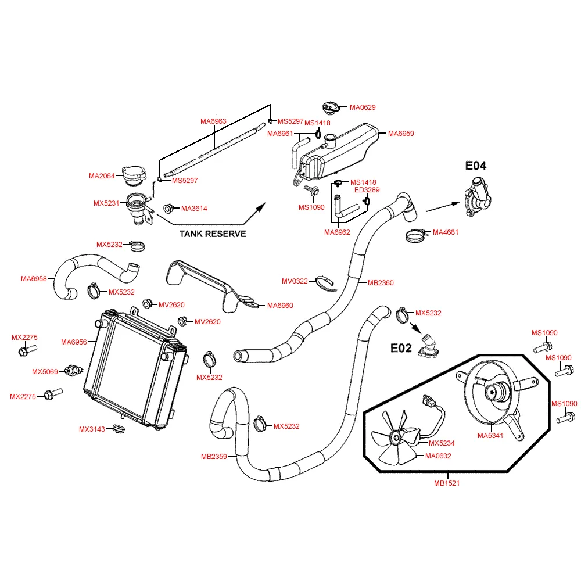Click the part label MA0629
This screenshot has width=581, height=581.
pyautogui.click(x=363, y=107)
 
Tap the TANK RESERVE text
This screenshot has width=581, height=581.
pyautogui.click(x=213, y=234)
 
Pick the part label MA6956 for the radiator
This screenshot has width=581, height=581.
pyautogui.click(x=74, y=342)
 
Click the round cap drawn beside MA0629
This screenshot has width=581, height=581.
pyautogui.click(x=331, y=109)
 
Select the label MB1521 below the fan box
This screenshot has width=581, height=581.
pyautogui.click(x=447, y=483)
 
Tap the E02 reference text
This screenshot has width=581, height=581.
pyautogui.click(x=401, y=348)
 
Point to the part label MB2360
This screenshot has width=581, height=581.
pyautogui.click(x=381, y=283)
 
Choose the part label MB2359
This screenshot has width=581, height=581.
pyautogui.click(x=214, y=457)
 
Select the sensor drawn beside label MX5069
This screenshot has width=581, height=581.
pyautogui.click(x=73, y=370)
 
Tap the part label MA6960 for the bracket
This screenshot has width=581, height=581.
pyautogui.click(x=280, y=306)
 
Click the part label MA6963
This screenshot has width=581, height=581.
pyautogui.click(x=213, y=121)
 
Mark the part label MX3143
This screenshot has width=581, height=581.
pyautogui.click(x=92, y=429)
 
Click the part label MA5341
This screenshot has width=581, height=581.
pyautogui.click(x=490, y=435)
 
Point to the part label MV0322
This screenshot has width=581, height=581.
pyautogui.click(x=295, y=281)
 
